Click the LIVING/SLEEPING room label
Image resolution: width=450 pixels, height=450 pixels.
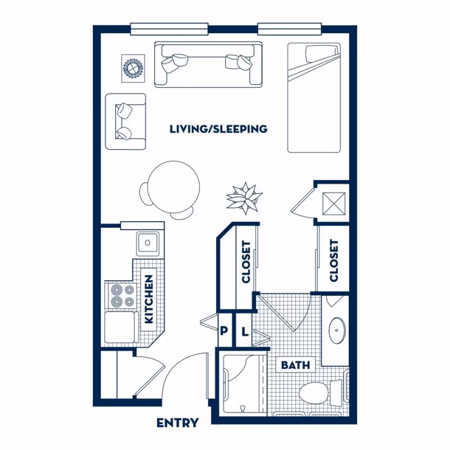pyautogui.click(x=218, y=129)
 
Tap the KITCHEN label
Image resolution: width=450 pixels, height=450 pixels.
pyautogui.click(x=149, y=299)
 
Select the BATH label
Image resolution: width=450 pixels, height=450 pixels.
pyautogui.click(x=295, y=365)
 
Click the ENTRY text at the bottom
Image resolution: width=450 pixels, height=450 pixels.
pyautogui.click(x=177, y=422)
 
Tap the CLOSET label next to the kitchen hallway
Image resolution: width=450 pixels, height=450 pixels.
pyautogui.click(x=246, y=262)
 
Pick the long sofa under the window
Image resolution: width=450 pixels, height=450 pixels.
pyautogui.click(x=208, y=64)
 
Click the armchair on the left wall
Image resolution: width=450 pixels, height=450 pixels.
pyautogui.click(x=125, y=121)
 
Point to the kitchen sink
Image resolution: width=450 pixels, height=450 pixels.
pyautogui.click(x=147, y=243)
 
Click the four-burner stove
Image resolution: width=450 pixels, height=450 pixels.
pyautogui.click(x=122, y=296)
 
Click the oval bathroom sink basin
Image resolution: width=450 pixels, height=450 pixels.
pyautogui.click(x=337, y=330)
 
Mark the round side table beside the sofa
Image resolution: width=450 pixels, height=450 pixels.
pyautogui.click(x=133, y=68)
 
